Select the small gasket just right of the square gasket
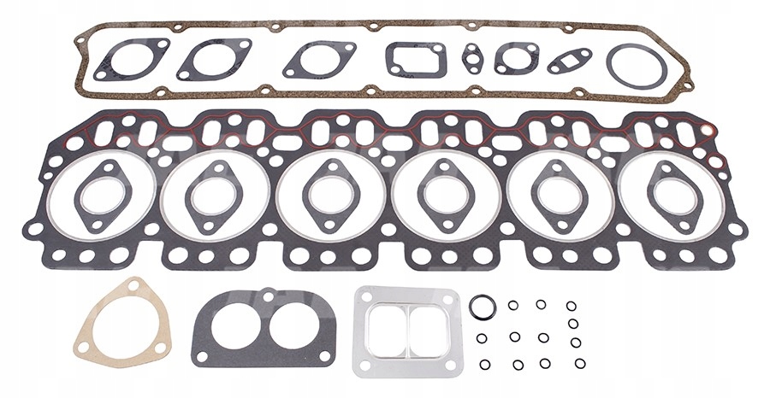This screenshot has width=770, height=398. (471, 57)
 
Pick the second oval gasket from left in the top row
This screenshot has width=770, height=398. (214, 59)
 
